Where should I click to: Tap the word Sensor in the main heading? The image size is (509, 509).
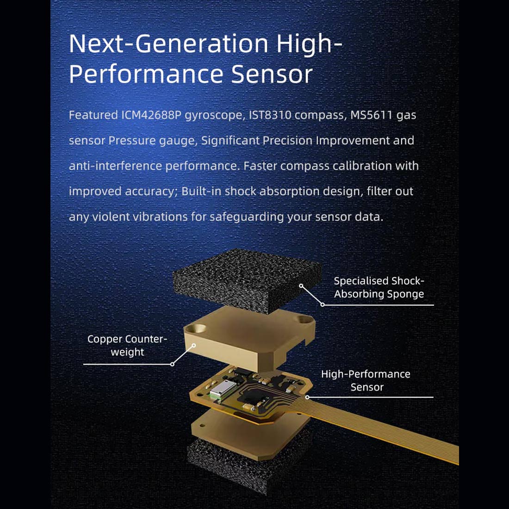[272, 74]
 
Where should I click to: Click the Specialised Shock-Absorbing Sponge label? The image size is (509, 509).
[379, 287]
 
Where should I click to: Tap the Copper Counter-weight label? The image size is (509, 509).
[127, 345]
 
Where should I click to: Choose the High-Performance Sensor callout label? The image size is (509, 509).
[366, 380]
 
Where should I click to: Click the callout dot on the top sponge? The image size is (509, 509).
[301, 286]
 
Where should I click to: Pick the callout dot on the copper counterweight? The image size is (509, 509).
[194, 345]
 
